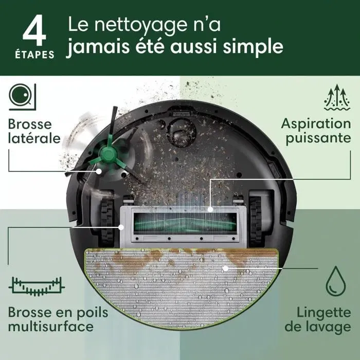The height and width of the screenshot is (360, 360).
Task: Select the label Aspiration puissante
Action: point(315,131)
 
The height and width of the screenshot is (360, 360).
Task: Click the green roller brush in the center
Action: point(180,222)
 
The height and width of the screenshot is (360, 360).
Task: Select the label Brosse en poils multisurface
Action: point(50,319)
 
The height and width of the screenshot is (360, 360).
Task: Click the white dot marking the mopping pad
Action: point(225,268)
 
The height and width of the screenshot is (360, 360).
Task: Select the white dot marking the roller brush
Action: point(211,209)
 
